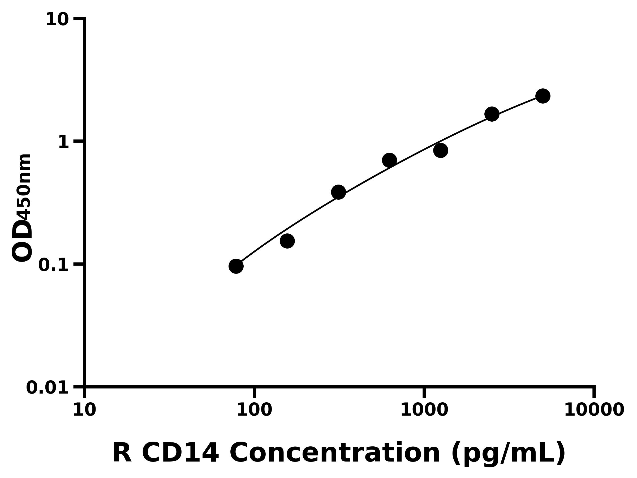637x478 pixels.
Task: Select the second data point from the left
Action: [x=287, y=241]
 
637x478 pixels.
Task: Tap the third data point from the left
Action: [x=338, y=192]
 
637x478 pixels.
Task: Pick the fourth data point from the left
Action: [x=389, y=160]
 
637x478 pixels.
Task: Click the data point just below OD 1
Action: [x=441, y=150]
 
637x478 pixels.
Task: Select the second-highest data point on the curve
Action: [x=492, y=114]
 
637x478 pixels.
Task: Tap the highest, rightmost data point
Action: [x=543, y=96]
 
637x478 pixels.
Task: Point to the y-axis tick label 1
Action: [x=64, y=142]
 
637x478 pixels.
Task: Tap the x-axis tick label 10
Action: [x=84, y=410]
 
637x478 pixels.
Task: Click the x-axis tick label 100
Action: [x=254, y=410]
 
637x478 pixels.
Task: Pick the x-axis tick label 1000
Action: [x=424, y=410]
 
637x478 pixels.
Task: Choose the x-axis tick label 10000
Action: [x=594, y=410]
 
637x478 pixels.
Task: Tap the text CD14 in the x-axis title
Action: [x=180, y=453]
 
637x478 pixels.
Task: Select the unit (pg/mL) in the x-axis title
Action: [x=508, y=454]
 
